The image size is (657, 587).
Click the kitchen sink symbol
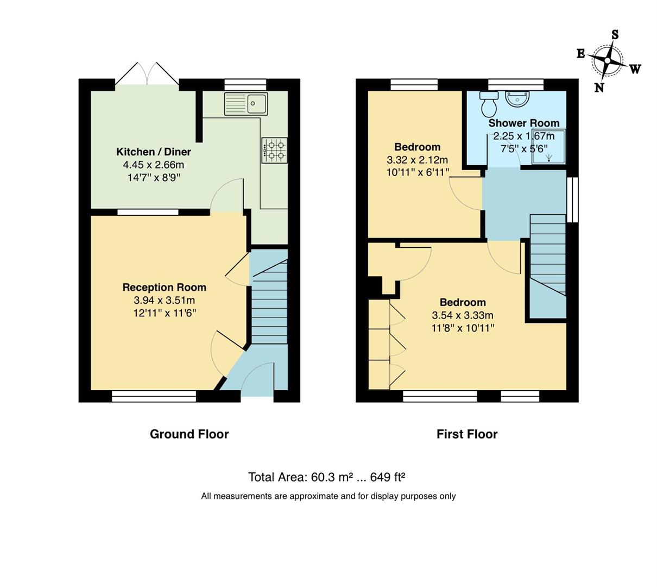246,103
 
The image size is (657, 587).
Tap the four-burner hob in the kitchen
274,150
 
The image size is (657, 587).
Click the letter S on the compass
615,35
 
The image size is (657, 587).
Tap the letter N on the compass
599,88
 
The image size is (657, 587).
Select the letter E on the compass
580,53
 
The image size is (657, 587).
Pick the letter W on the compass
635,69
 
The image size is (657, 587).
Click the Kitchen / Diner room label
154,152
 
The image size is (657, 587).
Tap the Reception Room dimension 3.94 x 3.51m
164,300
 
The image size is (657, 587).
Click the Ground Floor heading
189,434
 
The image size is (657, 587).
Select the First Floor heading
467,434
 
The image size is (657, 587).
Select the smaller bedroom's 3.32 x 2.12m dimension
417,160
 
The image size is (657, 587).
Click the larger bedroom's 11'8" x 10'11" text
463,328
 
